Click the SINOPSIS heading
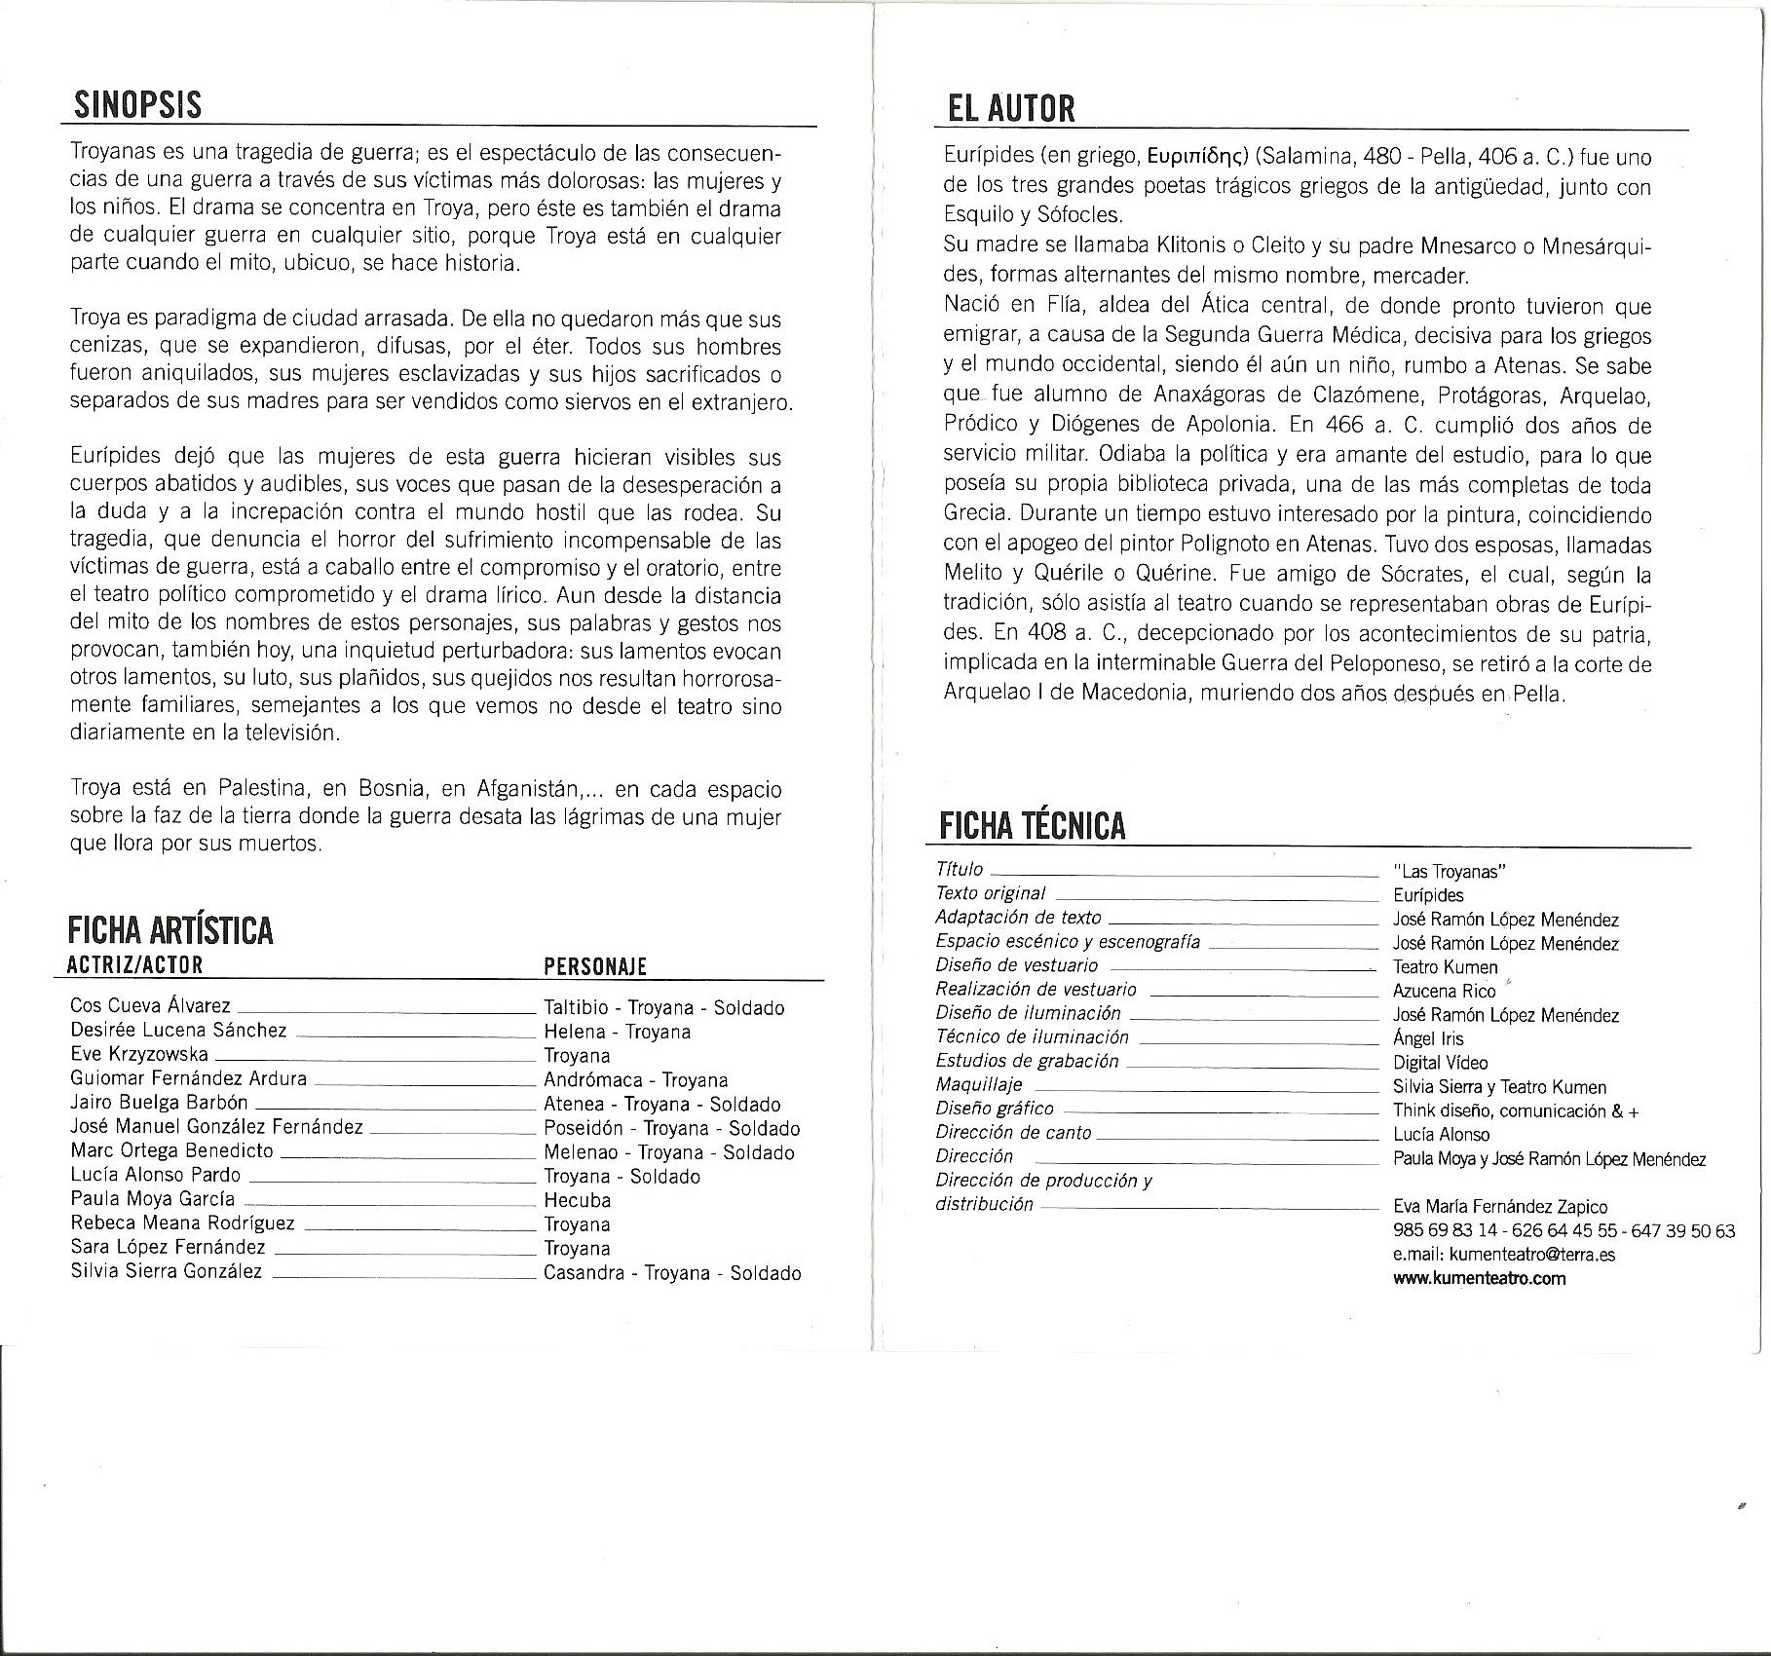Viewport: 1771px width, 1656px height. pos(137,104)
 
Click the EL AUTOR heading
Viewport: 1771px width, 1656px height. pos(1011,108)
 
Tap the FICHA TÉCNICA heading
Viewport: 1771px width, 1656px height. pos(1032,826)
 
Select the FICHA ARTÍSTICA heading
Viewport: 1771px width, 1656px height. pos(170,930)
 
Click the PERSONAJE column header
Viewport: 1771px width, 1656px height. pos(595,966)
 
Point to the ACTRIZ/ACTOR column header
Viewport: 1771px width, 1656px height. pos(135,965)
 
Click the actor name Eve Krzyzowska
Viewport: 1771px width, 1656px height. pos(138,1054)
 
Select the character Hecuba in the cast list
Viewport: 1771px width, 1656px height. pos(577,1200)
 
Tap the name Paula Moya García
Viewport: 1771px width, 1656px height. pos(152,1199)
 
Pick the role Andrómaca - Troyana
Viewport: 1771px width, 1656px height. pos(635,1079)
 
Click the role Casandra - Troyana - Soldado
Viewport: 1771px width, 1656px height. pos(672,1272)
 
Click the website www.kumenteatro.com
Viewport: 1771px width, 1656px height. pos(1479,1278)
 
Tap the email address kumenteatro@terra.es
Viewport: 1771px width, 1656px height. pos(1532,1255)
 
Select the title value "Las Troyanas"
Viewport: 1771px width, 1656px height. pos(1450,872)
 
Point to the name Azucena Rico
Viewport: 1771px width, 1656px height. pos(1444,991)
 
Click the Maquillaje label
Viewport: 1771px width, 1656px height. pos(979,1084)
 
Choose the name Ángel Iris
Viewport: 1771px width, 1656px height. pos(1428,1038)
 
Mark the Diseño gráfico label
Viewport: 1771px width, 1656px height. pos(995,1109)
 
